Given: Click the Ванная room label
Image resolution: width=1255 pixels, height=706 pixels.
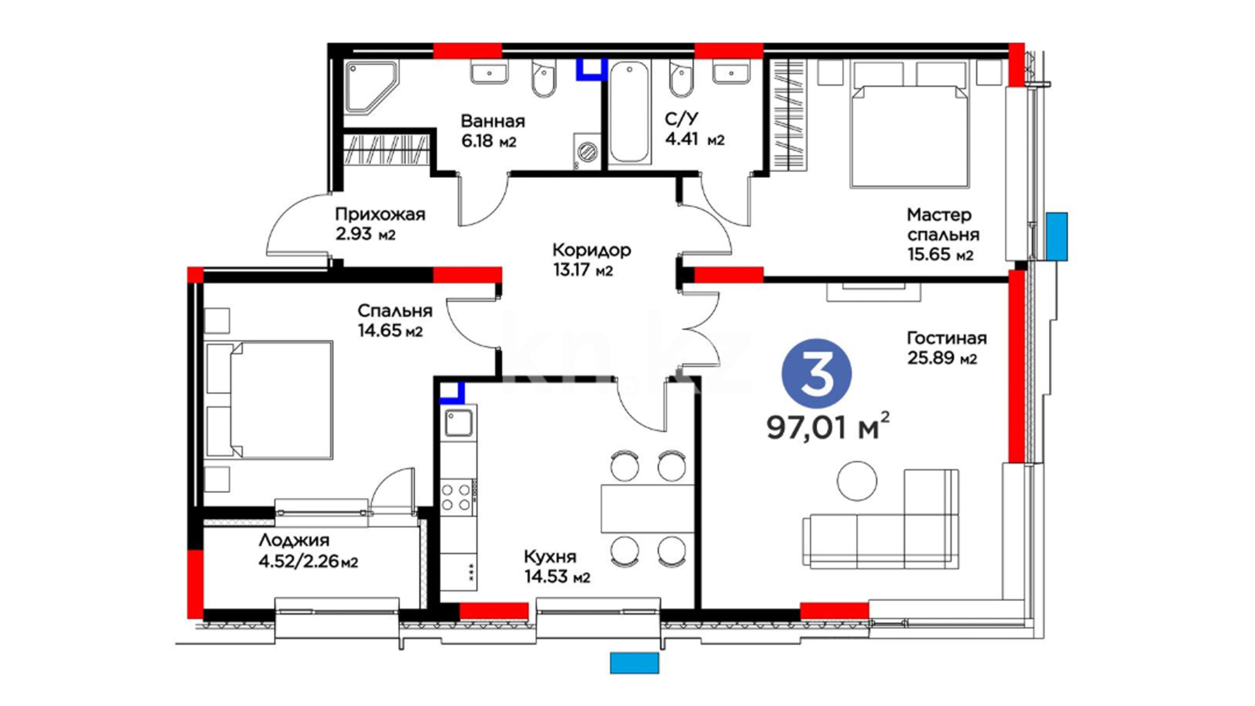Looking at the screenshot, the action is [492, 121].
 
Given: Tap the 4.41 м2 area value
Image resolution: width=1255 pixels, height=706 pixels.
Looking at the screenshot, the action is [694, 139].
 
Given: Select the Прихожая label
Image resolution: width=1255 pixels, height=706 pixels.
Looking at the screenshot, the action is [380, 214].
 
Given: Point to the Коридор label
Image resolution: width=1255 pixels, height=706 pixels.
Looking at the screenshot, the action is [592, 250].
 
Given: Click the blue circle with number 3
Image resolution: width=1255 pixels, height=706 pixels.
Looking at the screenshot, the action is [816, 374].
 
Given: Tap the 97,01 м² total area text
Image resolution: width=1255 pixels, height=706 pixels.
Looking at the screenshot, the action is [828, 426].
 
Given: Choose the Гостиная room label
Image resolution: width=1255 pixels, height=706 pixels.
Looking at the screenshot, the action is [946, 338].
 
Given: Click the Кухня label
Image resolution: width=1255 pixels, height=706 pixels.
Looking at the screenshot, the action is [550, 557].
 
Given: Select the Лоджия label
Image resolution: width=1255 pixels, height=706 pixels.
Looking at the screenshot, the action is [293, 541].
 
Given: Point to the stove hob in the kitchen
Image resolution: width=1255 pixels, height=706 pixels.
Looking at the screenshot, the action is [456, 496].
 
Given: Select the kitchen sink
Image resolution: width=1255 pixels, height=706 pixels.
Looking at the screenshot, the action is [459, 423].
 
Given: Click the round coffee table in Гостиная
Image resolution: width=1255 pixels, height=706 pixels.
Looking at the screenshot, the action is [856, 480].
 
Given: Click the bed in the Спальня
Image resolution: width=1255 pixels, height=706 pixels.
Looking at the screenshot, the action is [269, 399].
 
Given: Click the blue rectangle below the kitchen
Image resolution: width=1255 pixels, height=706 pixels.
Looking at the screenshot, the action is [634, 663].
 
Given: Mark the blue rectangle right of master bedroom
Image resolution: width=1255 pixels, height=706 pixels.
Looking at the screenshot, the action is [1057, 237].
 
